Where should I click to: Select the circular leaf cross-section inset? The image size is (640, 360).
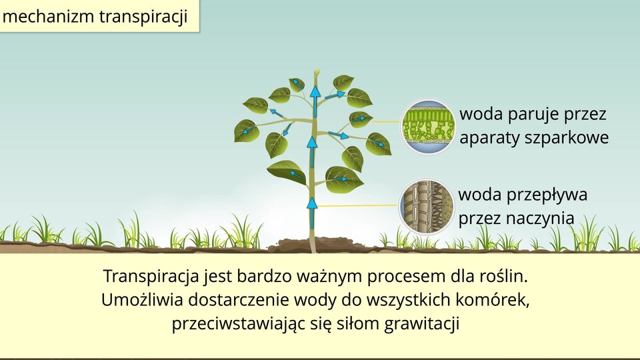click(x=427, y=127)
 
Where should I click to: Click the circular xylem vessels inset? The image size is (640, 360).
click(x=427, y=207)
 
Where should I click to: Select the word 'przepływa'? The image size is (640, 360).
click(x=547, y=195)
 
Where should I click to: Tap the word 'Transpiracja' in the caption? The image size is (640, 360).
click(x=151, y=277)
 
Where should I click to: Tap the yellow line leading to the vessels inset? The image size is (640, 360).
click(x=358, y=206)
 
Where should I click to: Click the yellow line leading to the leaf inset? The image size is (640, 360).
click(x=386, y=121)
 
